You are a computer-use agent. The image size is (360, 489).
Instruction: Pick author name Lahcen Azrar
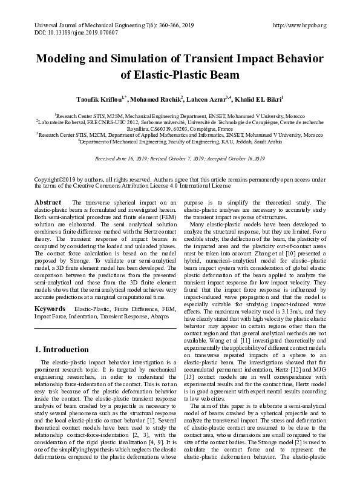click(206, 98)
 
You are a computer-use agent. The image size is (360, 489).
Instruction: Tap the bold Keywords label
click(51, 308)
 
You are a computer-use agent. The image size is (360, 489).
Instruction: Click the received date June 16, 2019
click(130, 158)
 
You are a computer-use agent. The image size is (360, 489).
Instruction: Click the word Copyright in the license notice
click(49, 180)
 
